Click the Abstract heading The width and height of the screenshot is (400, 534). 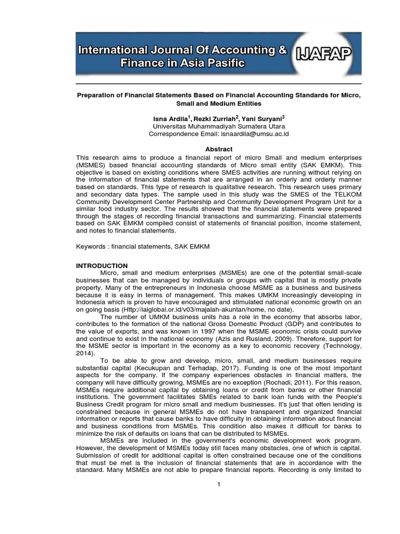point(219,149)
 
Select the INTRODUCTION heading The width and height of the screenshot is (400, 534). point(102,266)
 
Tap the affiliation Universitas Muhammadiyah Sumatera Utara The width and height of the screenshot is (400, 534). point(219,126)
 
